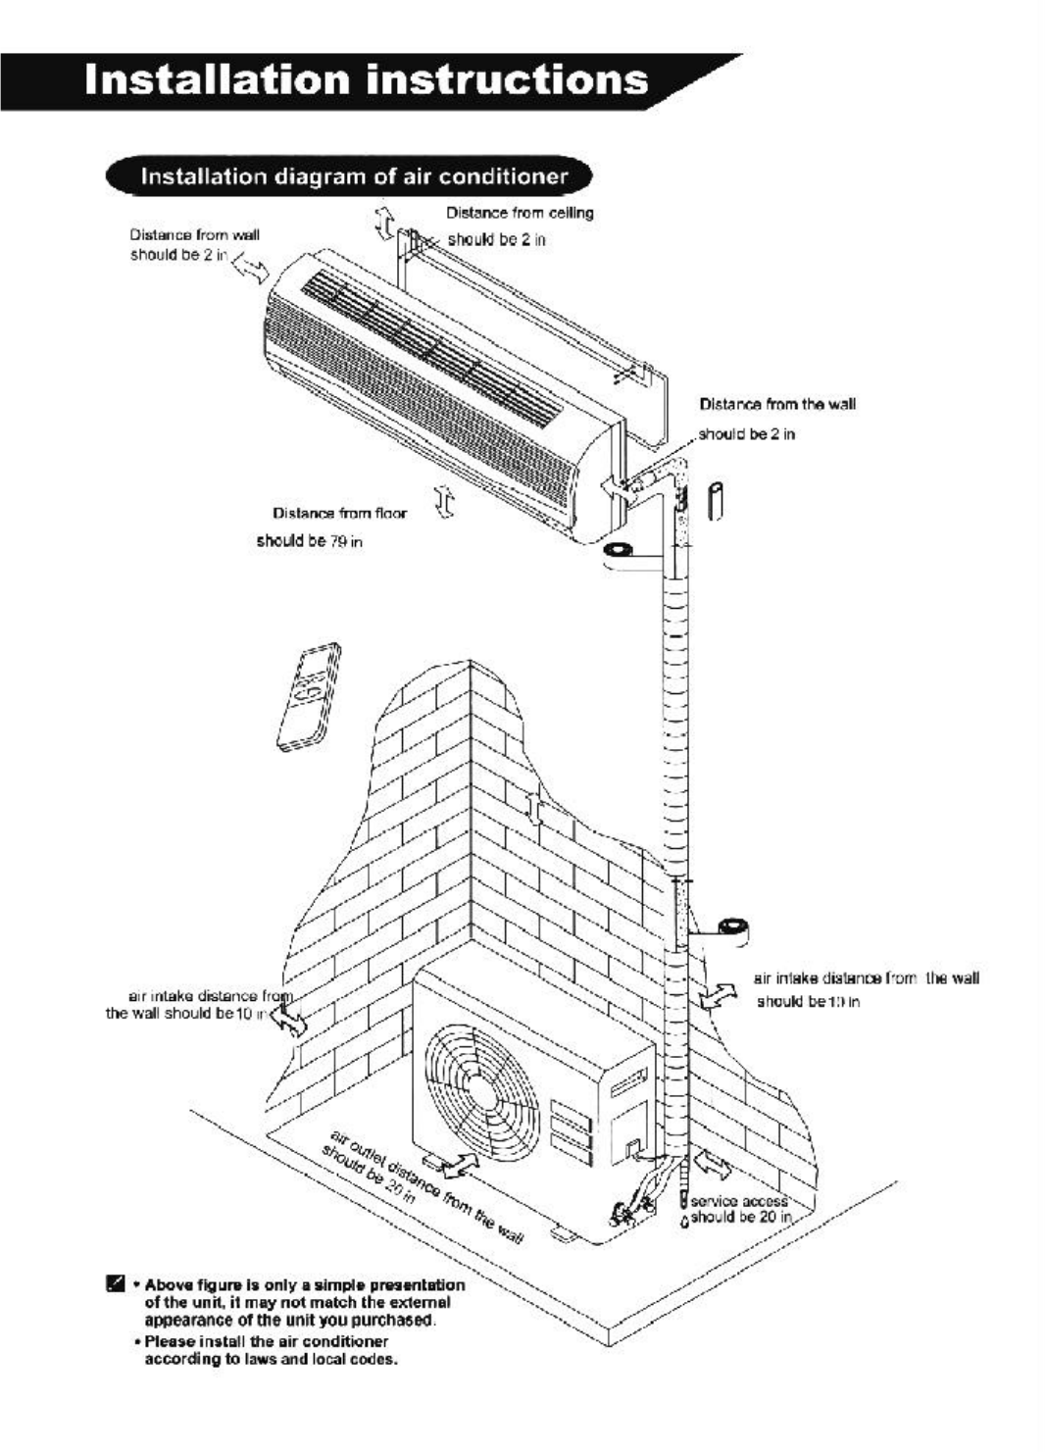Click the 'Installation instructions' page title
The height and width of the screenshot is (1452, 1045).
366,80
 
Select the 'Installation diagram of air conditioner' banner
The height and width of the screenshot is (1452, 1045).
354,177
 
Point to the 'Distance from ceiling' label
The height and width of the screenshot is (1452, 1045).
520,213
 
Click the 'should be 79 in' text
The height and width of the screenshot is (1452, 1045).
310,541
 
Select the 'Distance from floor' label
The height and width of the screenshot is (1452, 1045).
339,513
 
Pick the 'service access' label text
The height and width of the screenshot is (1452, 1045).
739,1201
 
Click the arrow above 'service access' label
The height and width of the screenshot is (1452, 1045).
713,1167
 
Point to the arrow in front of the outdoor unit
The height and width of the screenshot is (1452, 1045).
457,1166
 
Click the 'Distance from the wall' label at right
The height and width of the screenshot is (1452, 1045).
777,404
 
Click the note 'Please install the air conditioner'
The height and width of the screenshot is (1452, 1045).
265,1341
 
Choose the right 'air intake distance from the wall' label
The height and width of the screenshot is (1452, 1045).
866,977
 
